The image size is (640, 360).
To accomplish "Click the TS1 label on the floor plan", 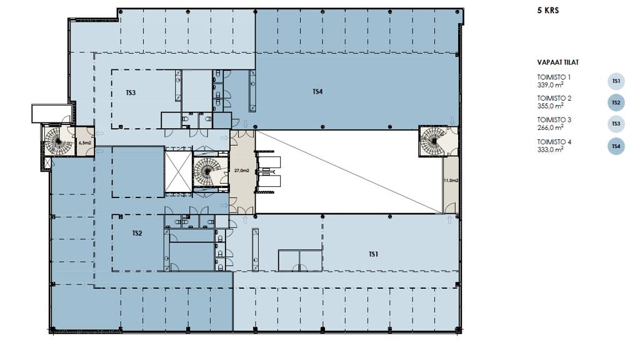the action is coord(374,254).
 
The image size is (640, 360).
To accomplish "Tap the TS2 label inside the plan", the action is coord(137,234).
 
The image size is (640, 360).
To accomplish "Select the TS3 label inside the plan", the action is coord(131,92).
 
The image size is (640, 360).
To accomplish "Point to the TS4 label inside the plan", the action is coord(317,92).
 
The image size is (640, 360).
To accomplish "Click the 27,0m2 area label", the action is coord(242,171).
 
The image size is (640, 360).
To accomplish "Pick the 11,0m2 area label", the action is coord(451,181).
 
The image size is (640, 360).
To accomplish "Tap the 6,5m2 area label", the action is coord(84,143).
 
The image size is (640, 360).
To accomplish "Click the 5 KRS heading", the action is coord(547,11).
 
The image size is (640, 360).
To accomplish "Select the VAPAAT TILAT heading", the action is coord(557,62).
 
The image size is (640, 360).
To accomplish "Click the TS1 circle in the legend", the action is coord(616,81).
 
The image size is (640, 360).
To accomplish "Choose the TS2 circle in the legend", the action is coord(616,102).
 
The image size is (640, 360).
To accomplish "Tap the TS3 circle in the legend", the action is coord(616,124).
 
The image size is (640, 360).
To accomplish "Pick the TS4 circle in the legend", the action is coord(616,146).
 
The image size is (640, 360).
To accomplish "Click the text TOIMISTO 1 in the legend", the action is coord(554,77).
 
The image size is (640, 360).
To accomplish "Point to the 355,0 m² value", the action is coord(550,106).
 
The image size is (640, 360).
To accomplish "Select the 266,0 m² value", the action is coord(550,127).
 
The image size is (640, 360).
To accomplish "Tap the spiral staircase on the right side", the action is coord(434,141).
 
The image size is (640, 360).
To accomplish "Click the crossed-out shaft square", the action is coord(178,172).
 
